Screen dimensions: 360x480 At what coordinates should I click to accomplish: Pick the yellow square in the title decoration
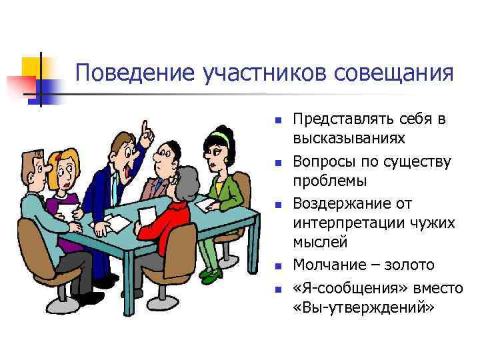pos(31,67)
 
